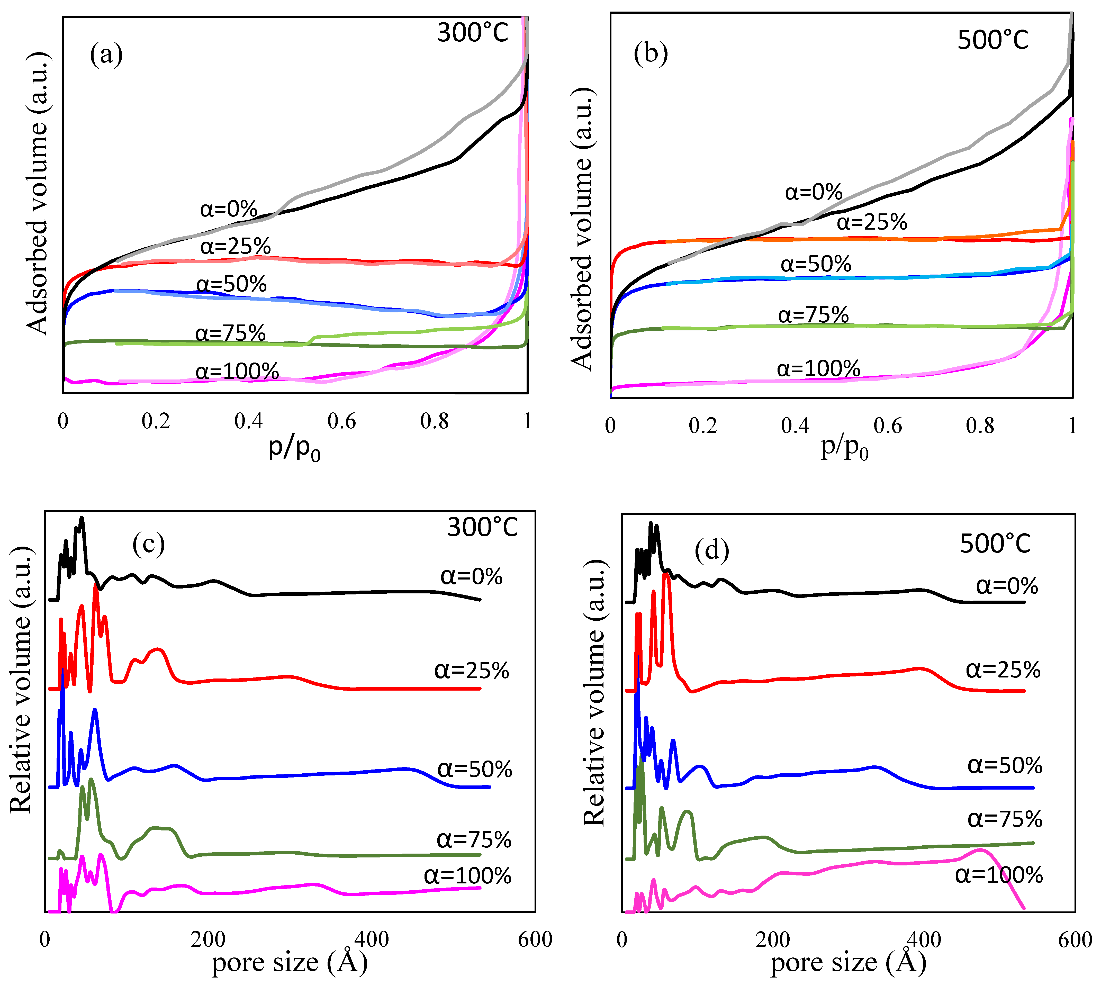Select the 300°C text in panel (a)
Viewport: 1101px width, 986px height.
coord(473,32)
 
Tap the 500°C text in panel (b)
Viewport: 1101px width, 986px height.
coord(993,40)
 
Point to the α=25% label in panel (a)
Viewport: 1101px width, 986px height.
coord(235,247)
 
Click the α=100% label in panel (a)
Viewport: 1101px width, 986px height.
coord(237,371)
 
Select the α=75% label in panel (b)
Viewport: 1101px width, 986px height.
coord(813,314)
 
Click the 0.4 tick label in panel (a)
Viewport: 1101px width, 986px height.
coord(249,421)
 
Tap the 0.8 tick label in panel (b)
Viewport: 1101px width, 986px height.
coord(980,426)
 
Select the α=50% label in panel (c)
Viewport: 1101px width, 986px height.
coord(474,769)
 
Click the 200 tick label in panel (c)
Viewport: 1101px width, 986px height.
coord(208,939)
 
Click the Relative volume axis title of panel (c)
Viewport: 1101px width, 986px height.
coord(22,680)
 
